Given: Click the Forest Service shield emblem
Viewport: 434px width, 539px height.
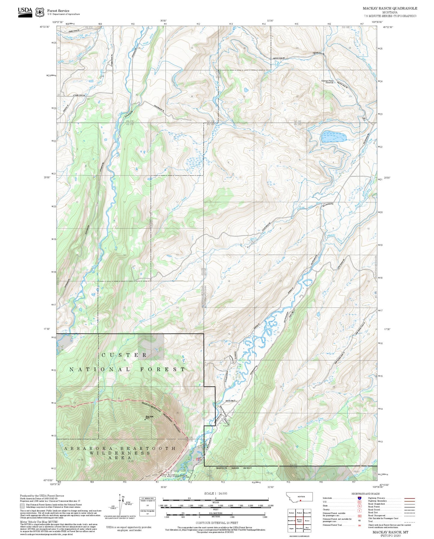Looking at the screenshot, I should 40,12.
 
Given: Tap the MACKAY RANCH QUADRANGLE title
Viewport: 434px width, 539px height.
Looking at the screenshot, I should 390,8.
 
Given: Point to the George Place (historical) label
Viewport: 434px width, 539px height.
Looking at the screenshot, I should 327,81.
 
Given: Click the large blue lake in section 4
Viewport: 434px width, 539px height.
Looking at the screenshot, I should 333,137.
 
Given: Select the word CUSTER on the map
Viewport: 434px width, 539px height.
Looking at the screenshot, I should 124,355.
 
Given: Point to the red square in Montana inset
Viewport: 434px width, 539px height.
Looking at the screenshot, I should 300,501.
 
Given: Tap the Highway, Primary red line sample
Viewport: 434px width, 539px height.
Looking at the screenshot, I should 409,498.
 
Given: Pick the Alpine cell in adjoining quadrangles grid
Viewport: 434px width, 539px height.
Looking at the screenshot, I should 291,528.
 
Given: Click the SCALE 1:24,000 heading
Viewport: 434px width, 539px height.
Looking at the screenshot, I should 215,493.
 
